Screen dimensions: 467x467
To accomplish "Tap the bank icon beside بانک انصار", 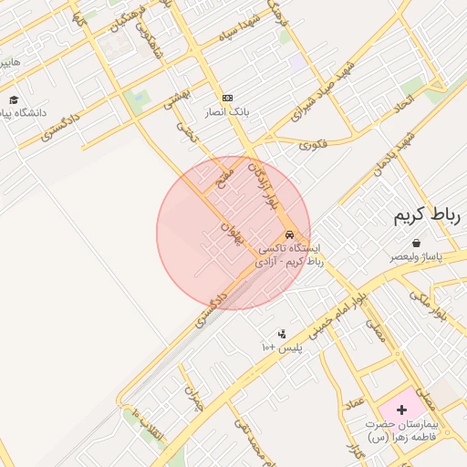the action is point(227,98).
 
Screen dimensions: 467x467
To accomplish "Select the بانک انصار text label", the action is point(227,113).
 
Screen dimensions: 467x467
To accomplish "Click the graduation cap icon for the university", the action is point(14,100).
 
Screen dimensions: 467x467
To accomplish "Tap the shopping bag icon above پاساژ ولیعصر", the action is point(416,244).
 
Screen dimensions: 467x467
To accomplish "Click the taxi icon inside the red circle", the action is point(289,233).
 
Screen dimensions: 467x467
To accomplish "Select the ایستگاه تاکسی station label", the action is point(290,254).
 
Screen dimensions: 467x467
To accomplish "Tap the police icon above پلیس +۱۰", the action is point(282,334).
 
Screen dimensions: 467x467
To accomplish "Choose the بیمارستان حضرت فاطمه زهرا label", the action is point(402,431).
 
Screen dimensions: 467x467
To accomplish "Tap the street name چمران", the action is point(192,400).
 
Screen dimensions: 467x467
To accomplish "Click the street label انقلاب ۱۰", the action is point(146,425).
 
